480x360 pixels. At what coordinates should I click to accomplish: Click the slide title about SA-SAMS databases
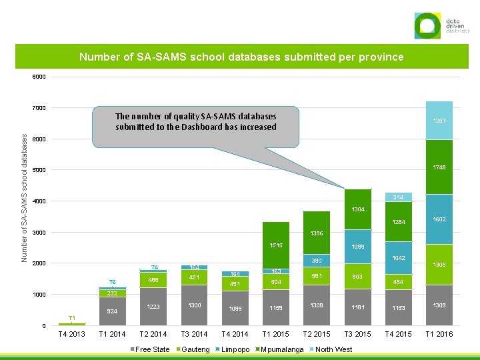pos(241,57)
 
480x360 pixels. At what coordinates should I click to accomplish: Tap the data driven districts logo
pos(442,26)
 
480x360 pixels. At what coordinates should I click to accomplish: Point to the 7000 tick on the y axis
pos(39,108)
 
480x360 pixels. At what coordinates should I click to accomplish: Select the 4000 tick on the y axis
pos(39,201)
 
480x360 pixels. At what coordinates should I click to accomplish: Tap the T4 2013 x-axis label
pos(72,334)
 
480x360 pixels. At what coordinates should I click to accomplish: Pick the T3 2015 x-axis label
pos(357,334)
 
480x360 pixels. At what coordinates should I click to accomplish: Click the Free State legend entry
pos(153,349)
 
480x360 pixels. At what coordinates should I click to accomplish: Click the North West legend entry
pos(333,349)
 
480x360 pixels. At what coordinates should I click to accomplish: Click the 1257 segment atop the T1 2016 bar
pos(439,121)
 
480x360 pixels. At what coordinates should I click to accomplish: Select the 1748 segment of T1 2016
pos(439,167)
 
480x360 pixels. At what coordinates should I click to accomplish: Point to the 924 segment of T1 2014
pos(113,311)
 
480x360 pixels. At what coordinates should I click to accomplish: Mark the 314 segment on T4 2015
pos(398,197)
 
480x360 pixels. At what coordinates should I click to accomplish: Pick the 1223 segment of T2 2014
pos(154,307)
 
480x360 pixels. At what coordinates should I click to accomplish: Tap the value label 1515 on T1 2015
pos(276,245)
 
